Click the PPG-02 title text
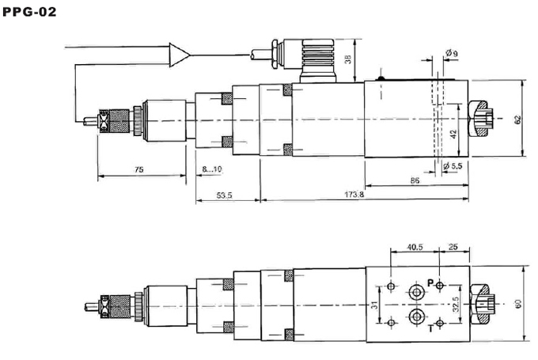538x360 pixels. click(29, 12)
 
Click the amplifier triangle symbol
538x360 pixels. click(179, 55)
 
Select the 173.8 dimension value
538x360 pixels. click(354, 195)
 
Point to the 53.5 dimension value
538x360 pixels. click(225, 195)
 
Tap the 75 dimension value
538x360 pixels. click(139, 169)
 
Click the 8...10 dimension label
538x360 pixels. click(212, 169)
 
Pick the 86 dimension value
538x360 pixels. click(415, 180)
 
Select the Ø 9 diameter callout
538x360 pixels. click(452, 53)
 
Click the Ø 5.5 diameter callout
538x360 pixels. click(453, 166)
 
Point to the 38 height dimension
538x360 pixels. click(348, 59)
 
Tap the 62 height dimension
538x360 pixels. click(517, 119)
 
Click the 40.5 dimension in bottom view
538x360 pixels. click(415, 247)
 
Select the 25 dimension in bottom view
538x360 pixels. click(453, 247)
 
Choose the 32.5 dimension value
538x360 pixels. click(455, 305)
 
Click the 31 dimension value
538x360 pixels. click(375, 305)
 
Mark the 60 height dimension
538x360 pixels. click(517, 304)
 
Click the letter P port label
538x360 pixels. click(430, 283)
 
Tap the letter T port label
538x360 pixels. click(431, 329)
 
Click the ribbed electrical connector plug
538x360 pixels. click(317, 60)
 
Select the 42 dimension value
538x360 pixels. click(453, 134)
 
